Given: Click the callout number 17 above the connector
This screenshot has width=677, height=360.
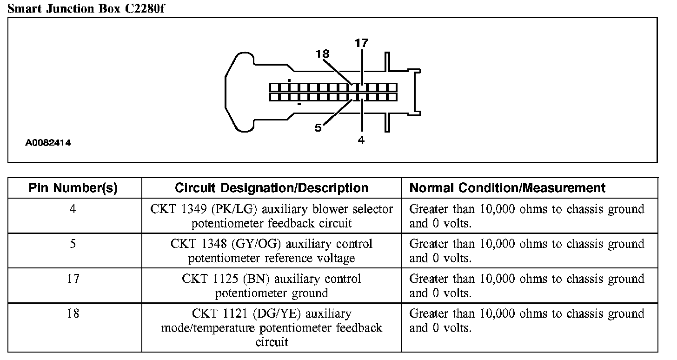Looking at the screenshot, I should tap(361, 43).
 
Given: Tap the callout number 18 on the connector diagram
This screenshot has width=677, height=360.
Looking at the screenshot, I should tap(322, 54).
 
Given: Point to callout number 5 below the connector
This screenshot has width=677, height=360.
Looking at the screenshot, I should tap(318, 128).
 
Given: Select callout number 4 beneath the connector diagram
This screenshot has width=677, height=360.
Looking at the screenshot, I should tap(361, 139).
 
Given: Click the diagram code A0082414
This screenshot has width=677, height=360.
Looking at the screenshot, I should tap(48, 143).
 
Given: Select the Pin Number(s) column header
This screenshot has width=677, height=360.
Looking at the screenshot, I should tap(73, 188).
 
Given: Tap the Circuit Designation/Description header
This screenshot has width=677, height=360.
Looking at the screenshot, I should tap(272, 188).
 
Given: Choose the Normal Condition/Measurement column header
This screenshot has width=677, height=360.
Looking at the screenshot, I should tap(507, 188).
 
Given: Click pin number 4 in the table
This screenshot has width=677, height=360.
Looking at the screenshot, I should tap(73, 209).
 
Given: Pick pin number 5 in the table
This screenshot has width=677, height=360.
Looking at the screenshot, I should tap(73, 244).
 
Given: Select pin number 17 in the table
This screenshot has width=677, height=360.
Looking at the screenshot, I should tap(73, 279).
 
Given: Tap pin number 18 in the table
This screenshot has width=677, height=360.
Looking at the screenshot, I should tap(73, 313).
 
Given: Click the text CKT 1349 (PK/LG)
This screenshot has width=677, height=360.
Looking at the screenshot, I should tap(207, 209).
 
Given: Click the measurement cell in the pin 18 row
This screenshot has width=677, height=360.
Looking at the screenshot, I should tap(526, 321).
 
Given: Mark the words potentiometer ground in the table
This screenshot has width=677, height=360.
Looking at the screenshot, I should tap(272, 293).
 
